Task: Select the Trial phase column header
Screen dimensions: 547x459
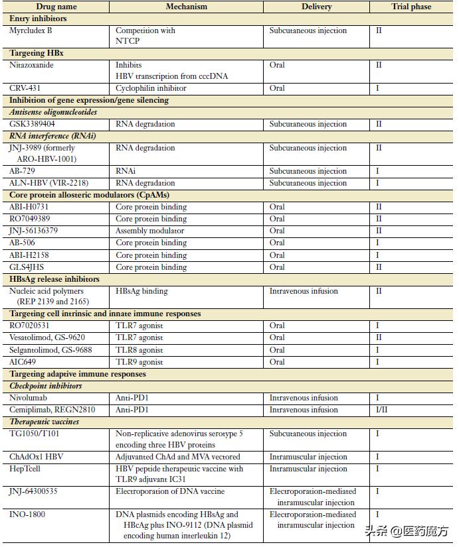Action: coord(411,7)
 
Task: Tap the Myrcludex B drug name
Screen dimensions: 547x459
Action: coord(31,30)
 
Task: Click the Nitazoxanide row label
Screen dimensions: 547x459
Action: coord(32,65)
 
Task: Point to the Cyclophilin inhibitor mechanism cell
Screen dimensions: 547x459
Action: coord(151,88)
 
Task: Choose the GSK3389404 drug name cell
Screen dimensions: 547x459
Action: coord(33,124)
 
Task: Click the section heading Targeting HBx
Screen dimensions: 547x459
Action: coord(37,52)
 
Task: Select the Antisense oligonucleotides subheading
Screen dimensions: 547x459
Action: coord(53,112)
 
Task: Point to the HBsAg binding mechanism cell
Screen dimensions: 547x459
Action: coord(141,291)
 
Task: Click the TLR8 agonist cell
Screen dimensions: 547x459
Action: coord(139,350)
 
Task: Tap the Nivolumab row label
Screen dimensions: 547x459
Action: coord(29,398)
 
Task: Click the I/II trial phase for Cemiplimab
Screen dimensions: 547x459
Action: coord(383,410)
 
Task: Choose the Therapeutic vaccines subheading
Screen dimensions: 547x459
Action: coord(45,422)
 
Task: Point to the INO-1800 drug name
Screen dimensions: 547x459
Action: coord(28,515)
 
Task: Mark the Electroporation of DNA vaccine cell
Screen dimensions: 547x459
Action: coord(170,492)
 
